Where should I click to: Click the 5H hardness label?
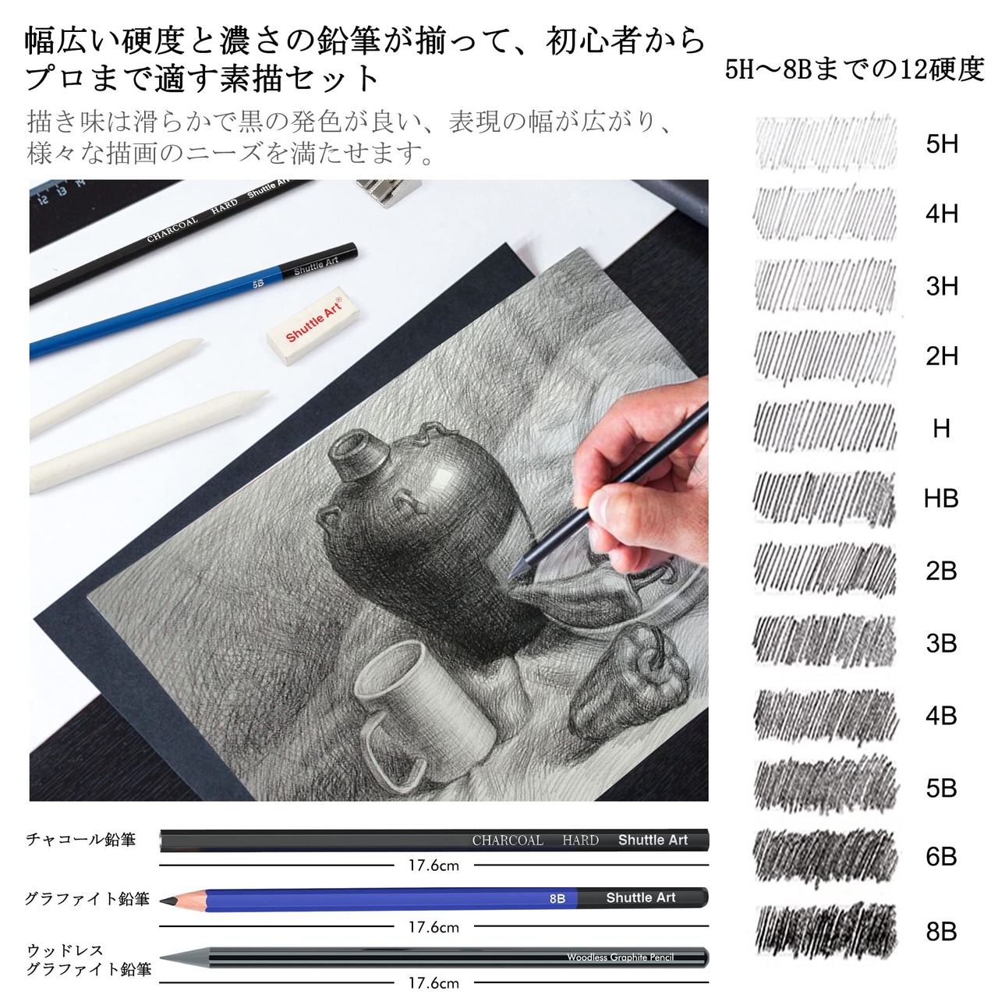[942, 143]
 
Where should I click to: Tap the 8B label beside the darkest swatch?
[941, 931]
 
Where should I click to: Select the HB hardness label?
[941, 498]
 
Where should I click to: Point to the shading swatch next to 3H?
[826, 286]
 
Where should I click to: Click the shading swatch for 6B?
[826, 858]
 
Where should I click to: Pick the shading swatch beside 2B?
[826, 570]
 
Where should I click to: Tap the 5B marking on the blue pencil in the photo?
[258, 284]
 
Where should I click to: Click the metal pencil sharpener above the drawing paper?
[389, 192]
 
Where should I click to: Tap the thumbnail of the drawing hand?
[600, 497]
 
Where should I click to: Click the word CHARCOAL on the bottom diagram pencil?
[508, 840]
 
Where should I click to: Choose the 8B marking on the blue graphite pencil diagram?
[557, 898]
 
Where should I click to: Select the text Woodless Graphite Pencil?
[620, 957]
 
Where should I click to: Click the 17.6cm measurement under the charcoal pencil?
[434, 865]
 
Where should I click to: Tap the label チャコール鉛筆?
[81, 840]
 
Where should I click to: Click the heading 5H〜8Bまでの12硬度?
[854, 69]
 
